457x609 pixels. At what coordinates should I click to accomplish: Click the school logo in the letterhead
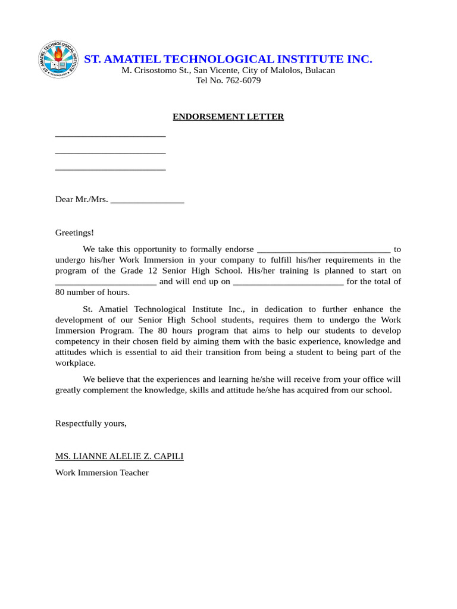pyautogui.click(x=58, y=59)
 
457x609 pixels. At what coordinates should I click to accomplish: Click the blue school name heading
pyautogui.click(x=228, y=59)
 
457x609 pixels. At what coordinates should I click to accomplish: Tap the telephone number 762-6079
pyautogui.click(x=243, y=80)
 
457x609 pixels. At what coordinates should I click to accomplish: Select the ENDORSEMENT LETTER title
pyautogui.click(x=228, y=117)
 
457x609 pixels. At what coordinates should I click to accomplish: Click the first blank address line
pyautogui.click(x=110, y=136)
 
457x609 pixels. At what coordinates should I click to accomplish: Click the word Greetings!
pyautogui.click(x=74, y=233)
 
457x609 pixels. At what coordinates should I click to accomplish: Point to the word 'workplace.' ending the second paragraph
pyautogui.click(x=76, y=363)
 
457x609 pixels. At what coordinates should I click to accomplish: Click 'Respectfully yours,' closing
pyautogui.click(x=91, y=423)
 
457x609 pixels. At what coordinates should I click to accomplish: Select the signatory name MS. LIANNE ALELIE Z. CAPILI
pyautogui.click(x=119, y=456)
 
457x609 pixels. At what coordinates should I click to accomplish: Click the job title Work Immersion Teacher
pyautogui.click(x=102, y=473)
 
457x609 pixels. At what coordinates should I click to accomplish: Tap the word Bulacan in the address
pyautogui.click(x=320, y=70)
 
